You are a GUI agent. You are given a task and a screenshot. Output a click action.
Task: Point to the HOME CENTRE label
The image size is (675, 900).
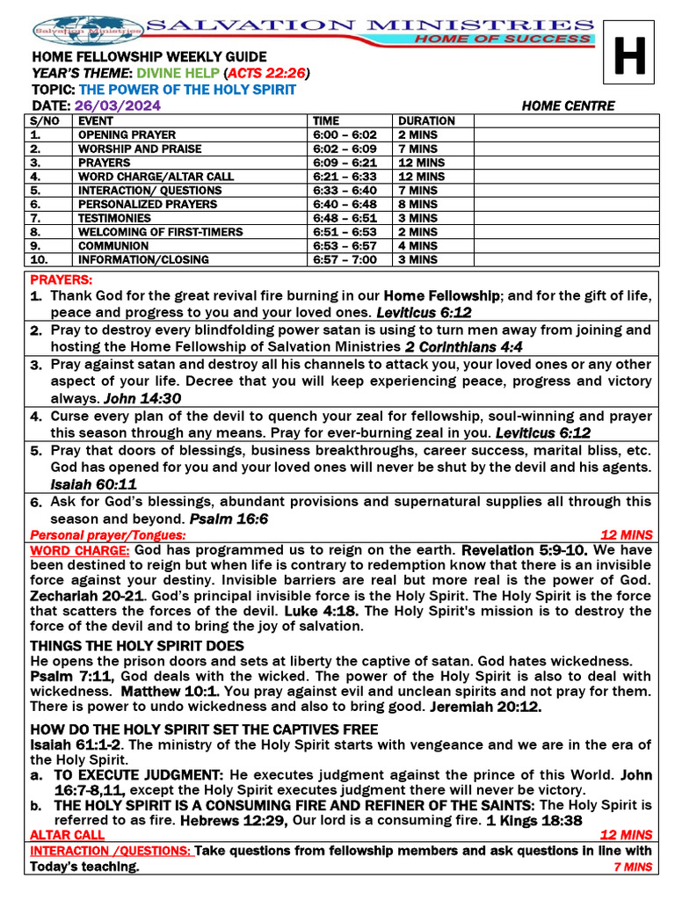point(568,106)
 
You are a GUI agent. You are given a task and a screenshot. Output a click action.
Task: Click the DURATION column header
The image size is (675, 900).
point(426,121)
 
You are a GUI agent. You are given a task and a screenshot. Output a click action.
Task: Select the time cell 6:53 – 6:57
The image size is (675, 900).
point(345,246)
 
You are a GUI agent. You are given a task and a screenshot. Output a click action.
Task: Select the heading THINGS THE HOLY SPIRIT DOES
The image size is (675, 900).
point(137,646)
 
